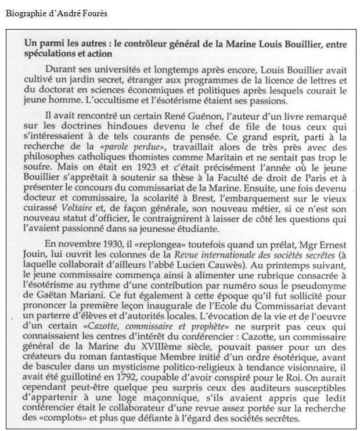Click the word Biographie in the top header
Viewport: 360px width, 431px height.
[x=24, y=13]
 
